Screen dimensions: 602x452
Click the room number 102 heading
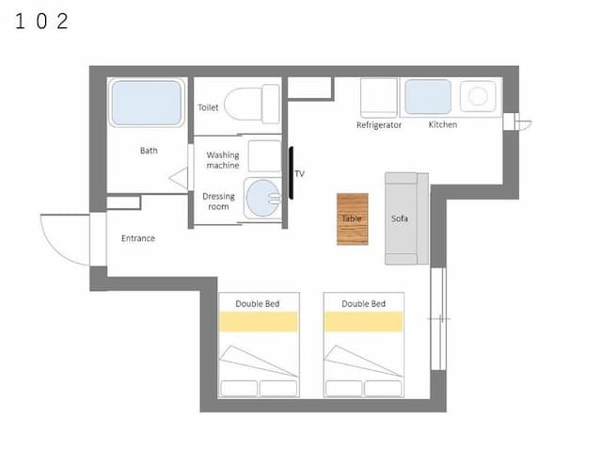tap(41, 21)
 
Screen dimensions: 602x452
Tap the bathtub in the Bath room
tap(147, 103)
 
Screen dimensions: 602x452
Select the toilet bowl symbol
tap(251, 105)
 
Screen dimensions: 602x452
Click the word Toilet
tap(208, 107)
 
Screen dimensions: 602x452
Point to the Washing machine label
tap(223, 160)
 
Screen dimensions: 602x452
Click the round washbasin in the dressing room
tap(262, 198)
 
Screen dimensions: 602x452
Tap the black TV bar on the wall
tap(291, 173)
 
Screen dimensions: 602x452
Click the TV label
tap(299, 173)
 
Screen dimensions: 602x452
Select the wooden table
tap(353, 219)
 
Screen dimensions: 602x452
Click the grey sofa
tap(406, 218)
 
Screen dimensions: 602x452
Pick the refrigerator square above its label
tap(378, 98)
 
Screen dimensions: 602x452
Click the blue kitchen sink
tap(428, 97)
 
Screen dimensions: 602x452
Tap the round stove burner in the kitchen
tap(478, 96)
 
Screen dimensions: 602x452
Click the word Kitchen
tap(443, 124)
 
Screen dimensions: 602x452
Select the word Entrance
tap(138, 238)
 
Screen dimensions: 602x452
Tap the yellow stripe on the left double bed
tap(259, 321)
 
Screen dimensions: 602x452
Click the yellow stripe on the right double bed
tap(364, 321)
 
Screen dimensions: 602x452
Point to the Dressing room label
tap(218, 202)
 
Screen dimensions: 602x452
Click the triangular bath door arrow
tap(181, 178)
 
